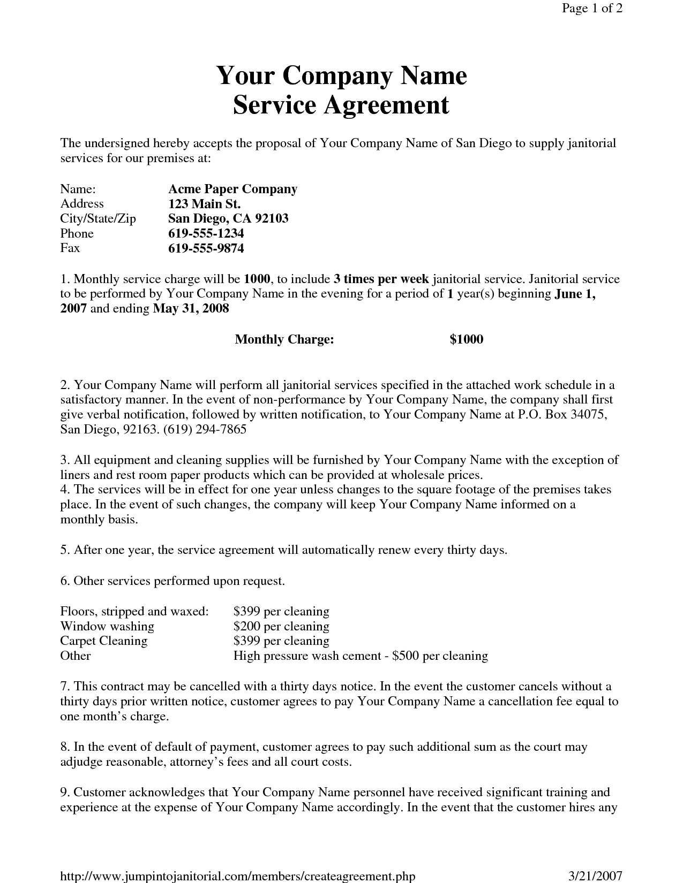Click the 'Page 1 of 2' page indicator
click(x=592, y=9)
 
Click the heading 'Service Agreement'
click(x=341, y=105)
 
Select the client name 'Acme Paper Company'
click(x=232, y=189)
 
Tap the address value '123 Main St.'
click(x=204, y=204)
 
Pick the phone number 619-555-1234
click(x=206, y=233)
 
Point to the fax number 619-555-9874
click(x=206, y=248)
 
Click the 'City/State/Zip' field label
click(x=98, y=218)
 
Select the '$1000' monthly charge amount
click(x=466, y=339)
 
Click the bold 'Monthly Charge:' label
click(x=284, y=339)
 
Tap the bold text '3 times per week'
click(x=381, y=279)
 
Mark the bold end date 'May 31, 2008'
click(x=191, y=309)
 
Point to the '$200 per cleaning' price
click(x=281, y=626)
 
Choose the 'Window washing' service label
click(x=107, y=626)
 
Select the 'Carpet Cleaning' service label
click(x=104, y=641)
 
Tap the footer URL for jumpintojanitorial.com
click(x=237, y=876)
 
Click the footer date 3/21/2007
click(x=595, y=876)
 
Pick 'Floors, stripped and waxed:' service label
click(x=134, y=611)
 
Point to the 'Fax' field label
click(x=70, y=248)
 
